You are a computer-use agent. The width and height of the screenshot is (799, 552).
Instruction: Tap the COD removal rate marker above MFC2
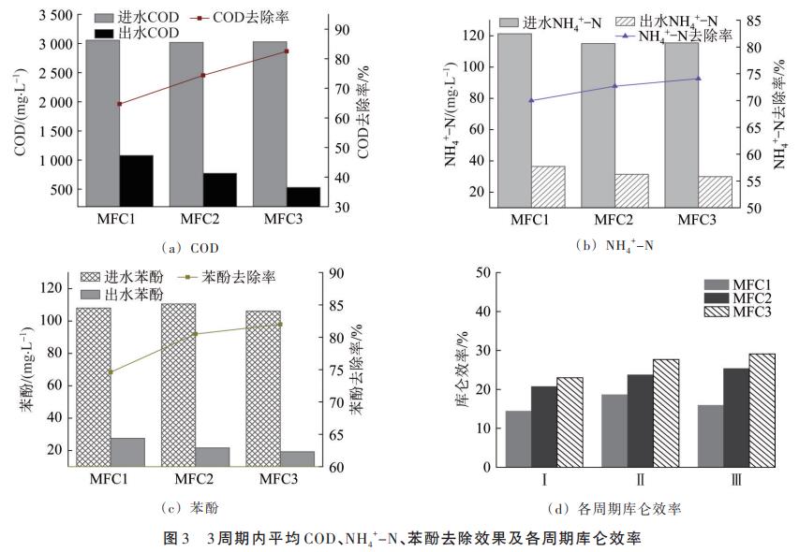tap(203, 76)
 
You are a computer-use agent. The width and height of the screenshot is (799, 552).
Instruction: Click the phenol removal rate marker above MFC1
tap(111, 372)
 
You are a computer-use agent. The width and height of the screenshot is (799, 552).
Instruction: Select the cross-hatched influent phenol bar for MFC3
tap(264, 388)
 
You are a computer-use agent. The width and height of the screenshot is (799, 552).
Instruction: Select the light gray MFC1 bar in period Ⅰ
tap(518, 439)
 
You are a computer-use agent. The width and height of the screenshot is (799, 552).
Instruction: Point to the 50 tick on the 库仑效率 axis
tap(483, 272)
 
